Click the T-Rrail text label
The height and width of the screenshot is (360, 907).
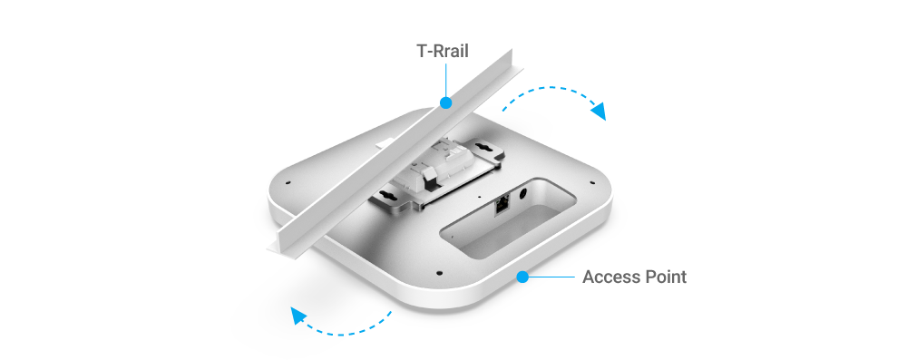(443, 52)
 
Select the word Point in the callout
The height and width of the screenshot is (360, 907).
(664, 277)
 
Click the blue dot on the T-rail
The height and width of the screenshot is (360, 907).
(445, 103)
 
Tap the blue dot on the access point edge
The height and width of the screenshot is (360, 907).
(522, 277)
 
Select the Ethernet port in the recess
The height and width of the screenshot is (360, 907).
(502, 205)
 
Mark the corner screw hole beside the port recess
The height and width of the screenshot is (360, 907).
(591, 183)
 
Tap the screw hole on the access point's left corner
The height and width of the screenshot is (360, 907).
(288, 183)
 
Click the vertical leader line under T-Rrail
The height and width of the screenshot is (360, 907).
(445, 81)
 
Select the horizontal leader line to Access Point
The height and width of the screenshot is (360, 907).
(551, 277)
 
